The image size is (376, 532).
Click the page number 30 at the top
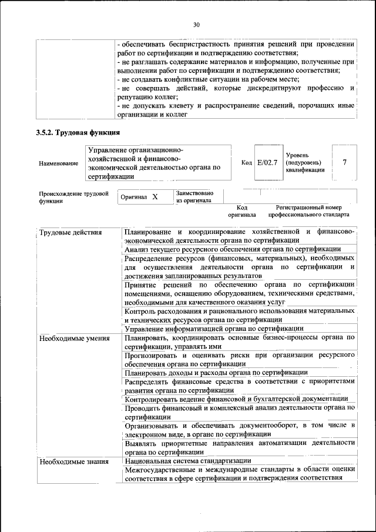tap(196, 25)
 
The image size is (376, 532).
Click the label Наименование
tap(59, 163)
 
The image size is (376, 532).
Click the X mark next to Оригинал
tap(155, 197)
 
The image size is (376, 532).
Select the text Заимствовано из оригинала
tap(194, 196)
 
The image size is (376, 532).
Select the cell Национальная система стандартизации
tap(188, 461)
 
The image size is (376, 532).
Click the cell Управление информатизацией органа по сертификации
tap(214, 329)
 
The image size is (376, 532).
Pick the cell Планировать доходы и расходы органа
tap(216, 372)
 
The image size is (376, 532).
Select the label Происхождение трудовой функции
tap(74, 196)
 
